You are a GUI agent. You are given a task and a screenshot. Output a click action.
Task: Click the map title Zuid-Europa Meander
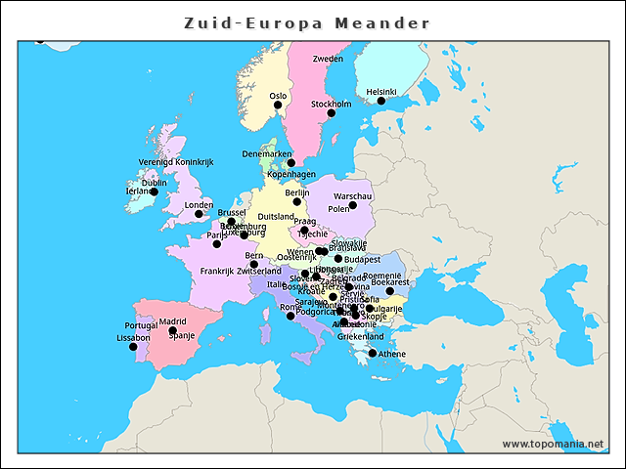coord(306,21)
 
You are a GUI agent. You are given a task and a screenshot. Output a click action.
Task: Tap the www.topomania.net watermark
coord(553,444)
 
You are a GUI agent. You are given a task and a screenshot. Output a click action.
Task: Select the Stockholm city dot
coord(331,113)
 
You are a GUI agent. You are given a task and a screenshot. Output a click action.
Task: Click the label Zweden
coord(328,59)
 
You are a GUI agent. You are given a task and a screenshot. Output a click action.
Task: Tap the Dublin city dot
coord(154,192)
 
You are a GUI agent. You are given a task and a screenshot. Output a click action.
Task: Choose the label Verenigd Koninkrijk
coord(174,162)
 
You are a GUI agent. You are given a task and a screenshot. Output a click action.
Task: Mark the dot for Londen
coord(199,214)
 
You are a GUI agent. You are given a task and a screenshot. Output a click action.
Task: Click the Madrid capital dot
coord(172,330)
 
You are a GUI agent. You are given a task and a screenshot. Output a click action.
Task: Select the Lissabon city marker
coord(133,346)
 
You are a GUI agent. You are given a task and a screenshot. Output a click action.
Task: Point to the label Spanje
coord(183,336)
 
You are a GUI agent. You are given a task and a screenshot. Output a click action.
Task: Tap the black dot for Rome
coord(291,316)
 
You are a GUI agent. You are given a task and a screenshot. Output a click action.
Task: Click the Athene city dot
coord(373,354)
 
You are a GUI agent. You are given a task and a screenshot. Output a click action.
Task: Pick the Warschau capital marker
coord(352,205)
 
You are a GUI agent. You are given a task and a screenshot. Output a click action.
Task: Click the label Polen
coord(338,209)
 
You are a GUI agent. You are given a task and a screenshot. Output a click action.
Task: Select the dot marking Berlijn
coord(297,201)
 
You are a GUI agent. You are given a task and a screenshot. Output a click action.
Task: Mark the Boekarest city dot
coord(389,291)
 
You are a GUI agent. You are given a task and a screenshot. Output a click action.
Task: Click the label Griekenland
coord(360,336)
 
